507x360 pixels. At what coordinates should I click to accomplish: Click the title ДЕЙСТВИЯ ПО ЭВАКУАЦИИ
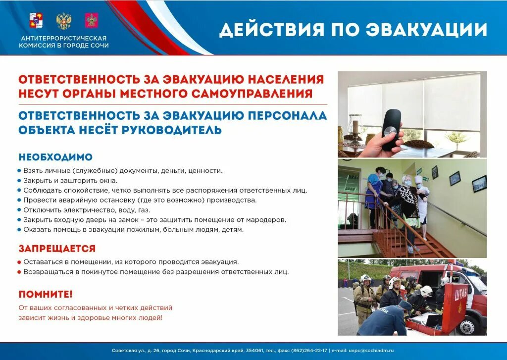[353, 29]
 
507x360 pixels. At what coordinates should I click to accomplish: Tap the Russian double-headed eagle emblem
[63, 21]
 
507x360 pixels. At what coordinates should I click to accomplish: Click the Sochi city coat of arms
[36, 21]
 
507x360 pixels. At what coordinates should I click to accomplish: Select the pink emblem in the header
[91, 21]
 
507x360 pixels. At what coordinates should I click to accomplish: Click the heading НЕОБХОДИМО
[55, 157]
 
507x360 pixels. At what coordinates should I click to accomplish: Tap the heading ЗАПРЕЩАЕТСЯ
[57, 248]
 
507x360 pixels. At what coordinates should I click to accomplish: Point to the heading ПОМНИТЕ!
[46, 294]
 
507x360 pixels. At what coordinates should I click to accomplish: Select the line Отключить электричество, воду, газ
[87, 210]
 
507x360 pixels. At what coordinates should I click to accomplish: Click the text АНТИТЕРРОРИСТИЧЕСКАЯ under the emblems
[63, 38]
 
